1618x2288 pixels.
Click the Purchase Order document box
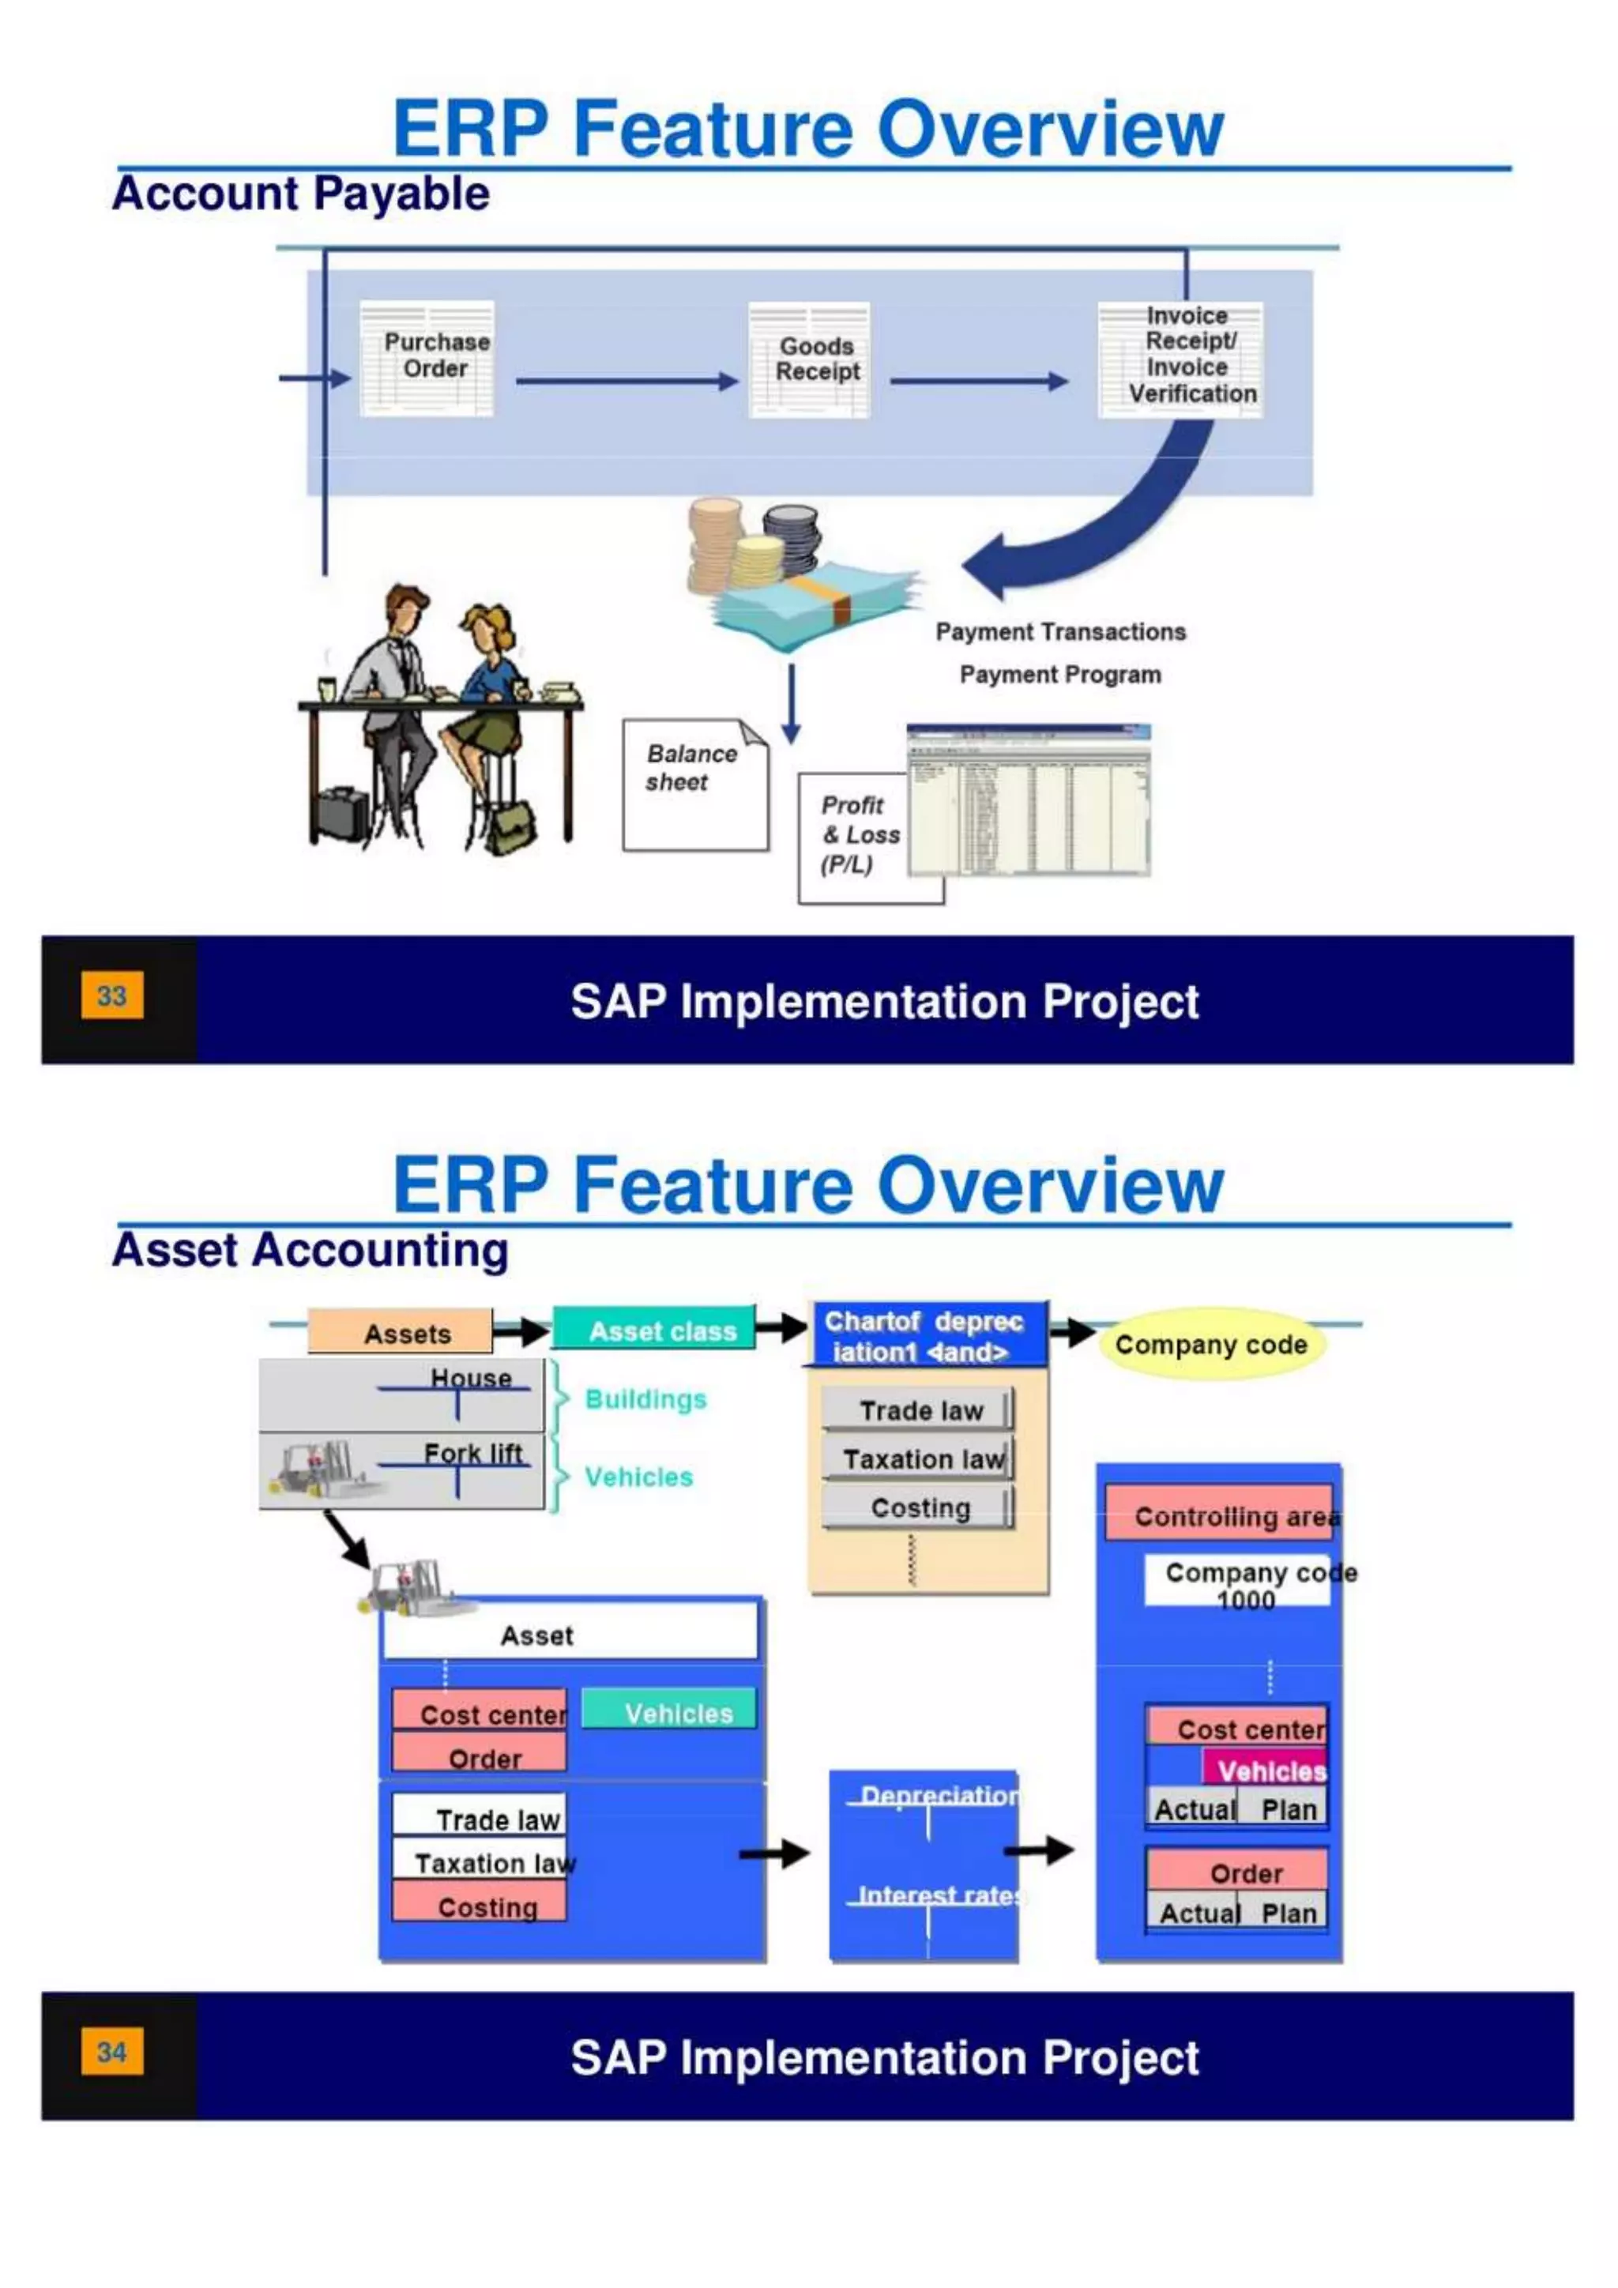tap(427, 358)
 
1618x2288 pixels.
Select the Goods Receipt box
tap(809, 359)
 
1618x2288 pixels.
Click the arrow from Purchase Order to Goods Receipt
tap(626, 381)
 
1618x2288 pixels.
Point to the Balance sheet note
tap(694, 785)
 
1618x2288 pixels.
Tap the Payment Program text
tap(1060, 675)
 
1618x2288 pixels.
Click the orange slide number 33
tap(111, 995)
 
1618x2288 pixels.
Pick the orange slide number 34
tap(111, 2052)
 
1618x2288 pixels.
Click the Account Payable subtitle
tap(301, 194)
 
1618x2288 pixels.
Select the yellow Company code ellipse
tap(1210, 1345)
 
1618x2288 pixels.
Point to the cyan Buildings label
tap(645, 1399)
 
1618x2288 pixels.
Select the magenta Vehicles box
tap(1266, 1771)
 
